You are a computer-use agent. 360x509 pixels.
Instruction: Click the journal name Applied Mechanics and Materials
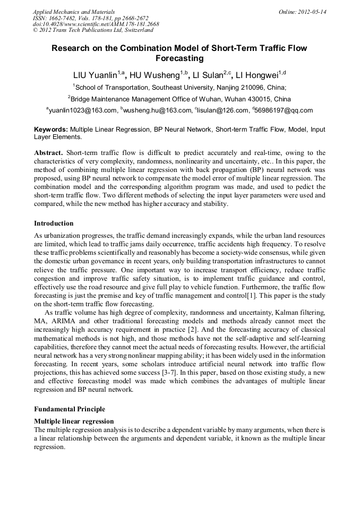coord(74,11)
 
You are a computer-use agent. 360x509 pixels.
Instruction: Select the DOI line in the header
coord(96,24)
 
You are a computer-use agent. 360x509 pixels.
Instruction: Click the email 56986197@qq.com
coord(284,110)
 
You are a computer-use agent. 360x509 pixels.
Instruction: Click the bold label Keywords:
coord(51,129)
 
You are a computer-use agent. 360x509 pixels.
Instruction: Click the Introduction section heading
coord(54,223)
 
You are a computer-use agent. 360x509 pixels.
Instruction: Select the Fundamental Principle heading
coord(70,409)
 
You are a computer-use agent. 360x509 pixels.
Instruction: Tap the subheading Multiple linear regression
coord(74,421)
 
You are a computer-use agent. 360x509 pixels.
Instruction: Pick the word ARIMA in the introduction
coord(77,321)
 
